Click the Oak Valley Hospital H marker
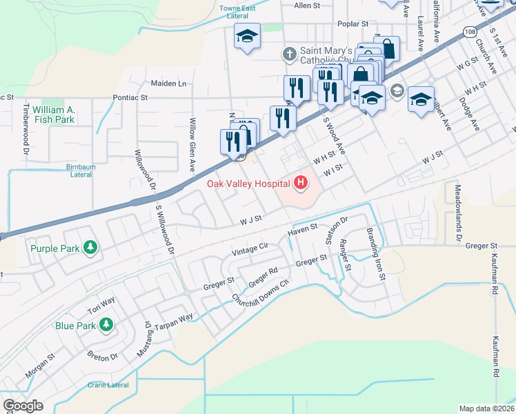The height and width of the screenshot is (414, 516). (301, 183)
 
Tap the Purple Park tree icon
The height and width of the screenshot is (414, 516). (90, 247)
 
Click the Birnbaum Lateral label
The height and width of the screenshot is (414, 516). (72, 170)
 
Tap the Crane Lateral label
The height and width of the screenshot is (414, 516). (108, 384)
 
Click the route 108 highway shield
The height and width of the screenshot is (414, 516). (470, 32)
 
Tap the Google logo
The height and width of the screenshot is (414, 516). (23, 406)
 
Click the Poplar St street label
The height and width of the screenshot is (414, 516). (353, 23)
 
